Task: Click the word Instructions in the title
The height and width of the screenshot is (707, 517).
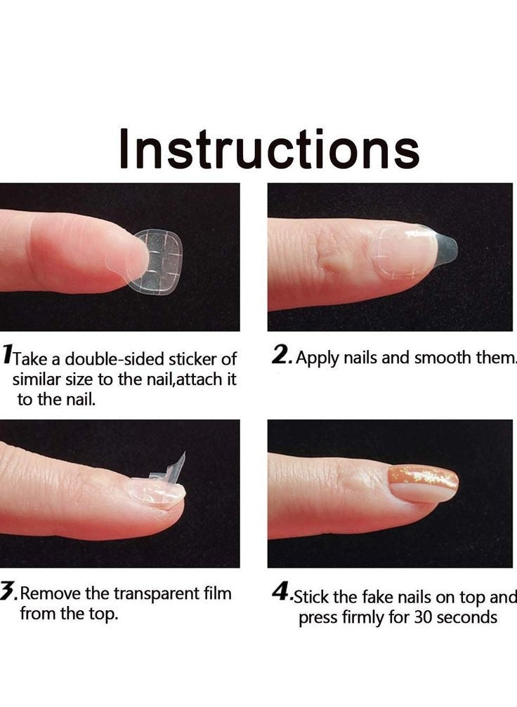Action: pos(270,149)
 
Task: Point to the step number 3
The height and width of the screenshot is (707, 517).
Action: pos(8,591)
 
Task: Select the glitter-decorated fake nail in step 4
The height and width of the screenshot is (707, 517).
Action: pos(423,483)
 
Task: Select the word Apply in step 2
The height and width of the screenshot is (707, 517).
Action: pos(318,358)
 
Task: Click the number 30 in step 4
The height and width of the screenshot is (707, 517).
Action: pos(423,617)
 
